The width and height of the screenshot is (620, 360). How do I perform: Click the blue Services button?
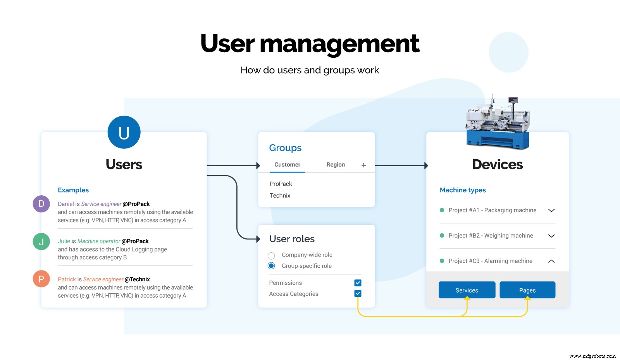click(x=467, y=290)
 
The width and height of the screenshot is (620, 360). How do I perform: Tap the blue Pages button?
click(x=527, y=290)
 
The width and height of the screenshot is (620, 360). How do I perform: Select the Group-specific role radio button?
click(x=271, y=266)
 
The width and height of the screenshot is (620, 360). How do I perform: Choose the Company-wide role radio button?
click(x=271, y=255)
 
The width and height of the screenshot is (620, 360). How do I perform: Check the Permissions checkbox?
click(x=358, y=283)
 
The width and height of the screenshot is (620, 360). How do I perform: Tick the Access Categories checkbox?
click(x=358, y=293)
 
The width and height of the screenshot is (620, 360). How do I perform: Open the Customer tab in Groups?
click(x=287, y=165)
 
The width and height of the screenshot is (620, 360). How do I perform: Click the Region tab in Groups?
click(x=335, y=165)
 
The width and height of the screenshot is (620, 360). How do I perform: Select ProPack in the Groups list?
click(x=281, y=184)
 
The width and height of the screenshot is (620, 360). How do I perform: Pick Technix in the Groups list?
click(x=280, y=195)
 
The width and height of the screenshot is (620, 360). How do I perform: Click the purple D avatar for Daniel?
click(x=41, y=204)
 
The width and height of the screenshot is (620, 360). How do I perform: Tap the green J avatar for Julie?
click(x=41, y=241)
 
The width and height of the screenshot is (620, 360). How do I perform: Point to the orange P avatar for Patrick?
click(x=41, y=279)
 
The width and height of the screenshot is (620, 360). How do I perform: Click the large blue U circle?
click(x=124, y=132)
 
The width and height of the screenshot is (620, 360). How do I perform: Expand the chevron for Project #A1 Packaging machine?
click(x=551, y=210)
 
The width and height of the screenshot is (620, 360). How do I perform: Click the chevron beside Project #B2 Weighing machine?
click(x=551, y=236)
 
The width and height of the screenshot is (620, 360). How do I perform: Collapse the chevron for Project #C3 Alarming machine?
click(x=551, y=261)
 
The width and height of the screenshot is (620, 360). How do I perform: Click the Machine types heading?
click(x=463, y=190)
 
